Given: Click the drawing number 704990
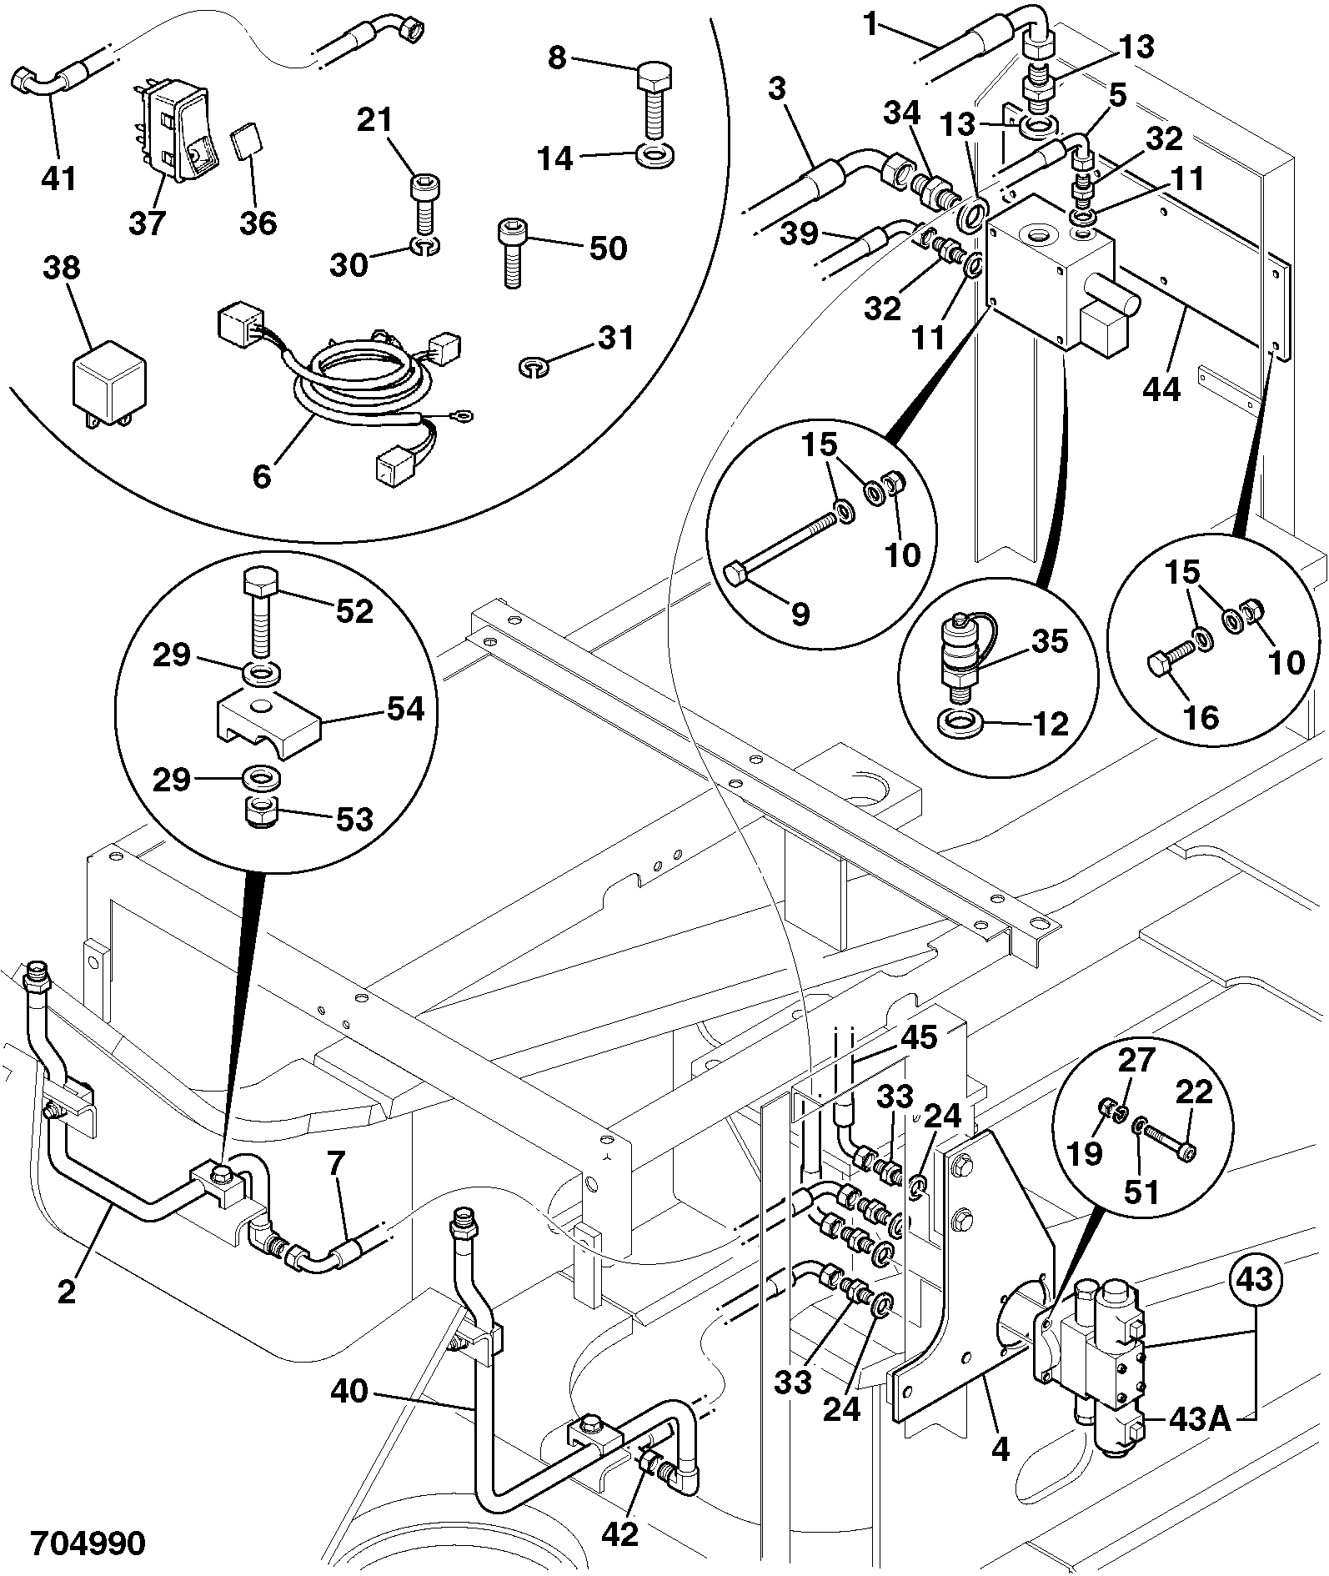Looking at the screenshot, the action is pos(88,1542).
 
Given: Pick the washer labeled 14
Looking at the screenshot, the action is pos(656,155).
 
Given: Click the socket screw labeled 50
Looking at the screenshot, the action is pos(512,253).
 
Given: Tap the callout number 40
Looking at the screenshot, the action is pos(349,1390).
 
